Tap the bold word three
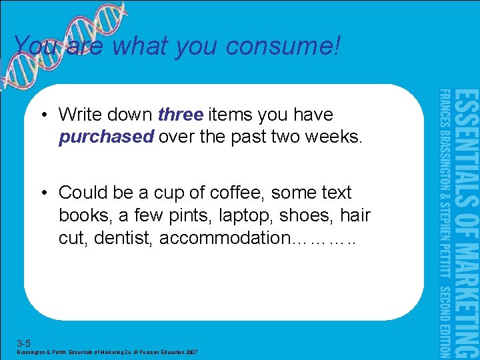[x=181, y=115]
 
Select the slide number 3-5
[x=24, y=343]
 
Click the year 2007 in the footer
[x=191, y=352]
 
